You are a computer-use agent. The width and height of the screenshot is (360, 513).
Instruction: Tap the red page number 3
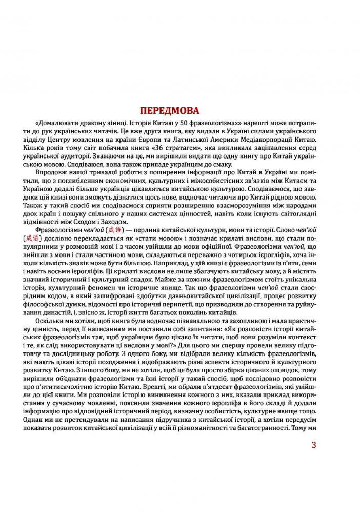click(x=314, y=444)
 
